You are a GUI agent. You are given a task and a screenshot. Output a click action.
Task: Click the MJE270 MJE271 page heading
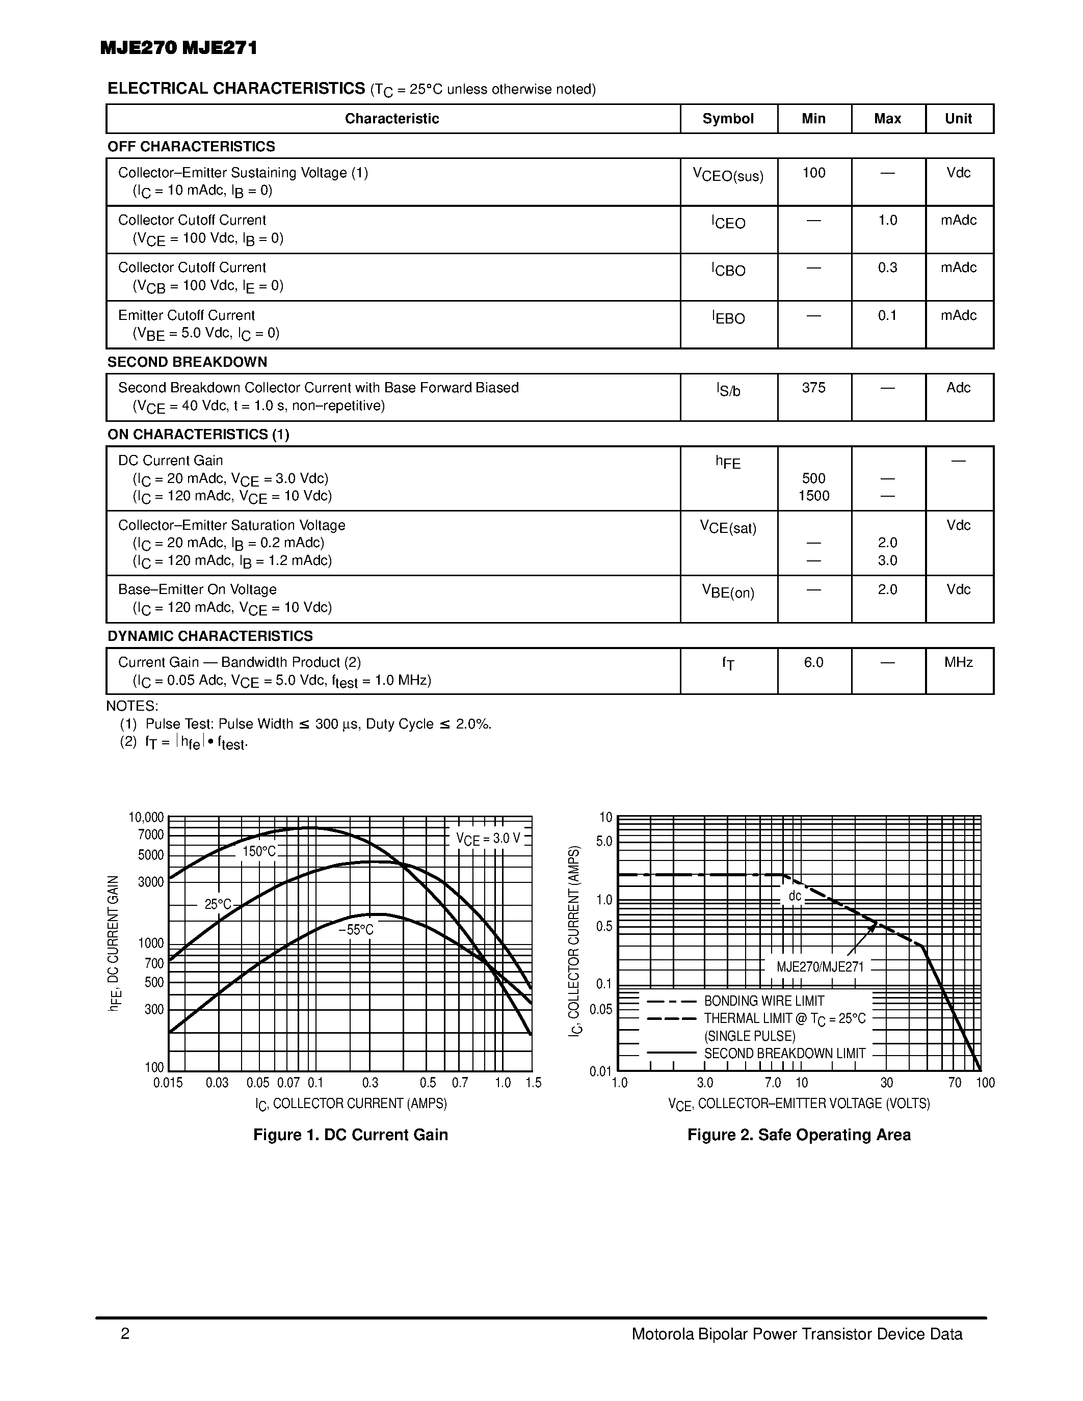[x=178, y=48]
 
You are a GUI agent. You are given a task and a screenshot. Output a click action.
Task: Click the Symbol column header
[x=728, y=119]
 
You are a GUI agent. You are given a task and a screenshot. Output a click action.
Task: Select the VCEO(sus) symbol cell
[x=728, y=174]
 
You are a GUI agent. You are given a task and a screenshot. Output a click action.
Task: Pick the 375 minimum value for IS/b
[x=813, y=388]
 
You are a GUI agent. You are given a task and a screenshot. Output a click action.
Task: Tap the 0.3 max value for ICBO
[x=887, y=267]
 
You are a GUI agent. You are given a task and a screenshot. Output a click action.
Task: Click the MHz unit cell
[x=958, y=662]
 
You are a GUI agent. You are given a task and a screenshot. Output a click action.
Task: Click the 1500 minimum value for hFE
[x=813, y=495]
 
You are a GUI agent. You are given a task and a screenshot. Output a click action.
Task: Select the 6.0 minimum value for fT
[x=813, y=662]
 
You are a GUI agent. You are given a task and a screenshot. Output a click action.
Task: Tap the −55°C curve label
[x=355, y=930]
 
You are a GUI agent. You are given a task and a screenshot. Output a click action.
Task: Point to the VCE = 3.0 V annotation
[x=488, y=839]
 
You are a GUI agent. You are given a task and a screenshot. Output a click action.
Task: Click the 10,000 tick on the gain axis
[x=146, y=817]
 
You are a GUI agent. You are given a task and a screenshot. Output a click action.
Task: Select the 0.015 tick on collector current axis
[x=168, y=1083]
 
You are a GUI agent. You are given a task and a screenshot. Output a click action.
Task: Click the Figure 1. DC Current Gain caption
[x=350, y=1135]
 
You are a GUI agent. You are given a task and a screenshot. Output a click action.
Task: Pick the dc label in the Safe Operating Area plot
[x=795, y=896]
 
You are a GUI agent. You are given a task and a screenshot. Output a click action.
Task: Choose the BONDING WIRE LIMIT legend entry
[x=763, y=1001]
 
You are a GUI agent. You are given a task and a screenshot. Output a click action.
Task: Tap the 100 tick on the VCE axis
[x=984, y=1083]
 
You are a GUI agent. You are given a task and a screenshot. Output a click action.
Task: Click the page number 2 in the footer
[x=125, y=1334]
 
